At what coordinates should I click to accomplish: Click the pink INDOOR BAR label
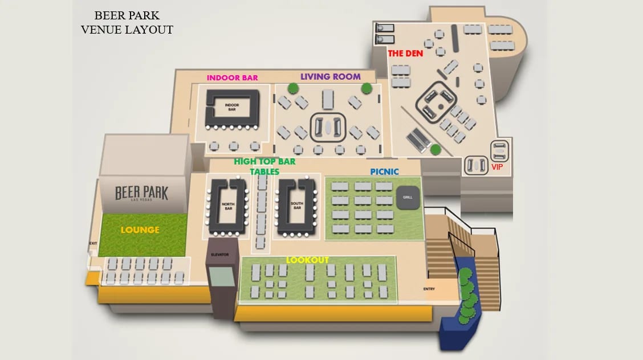tap(232, 78)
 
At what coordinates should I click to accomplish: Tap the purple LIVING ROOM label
tap(331, 76)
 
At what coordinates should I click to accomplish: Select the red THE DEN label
tap(405, 54)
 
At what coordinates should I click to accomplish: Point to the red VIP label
tap(497, 167)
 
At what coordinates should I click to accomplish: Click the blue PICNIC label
tap(384, 171)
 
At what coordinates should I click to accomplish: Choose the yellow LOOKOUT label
tap(307, 260)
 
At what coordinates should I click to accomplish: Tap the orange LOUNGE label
tap(140, 230)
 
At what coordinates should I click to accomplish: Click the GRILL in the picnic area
tap(408, 197)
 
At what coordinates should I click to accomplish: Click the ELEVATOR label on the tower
tap(219, 255)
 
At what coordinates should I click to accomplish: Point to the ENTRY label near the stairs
tap(429, 289)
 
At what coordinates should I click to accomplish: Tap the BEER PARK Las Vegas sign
tap(141, 193)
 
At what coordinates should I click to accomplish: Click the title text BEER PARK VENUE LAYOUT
tap(127, 23)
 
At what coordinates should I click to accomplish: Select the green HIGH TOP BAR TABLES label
tap(264, 166)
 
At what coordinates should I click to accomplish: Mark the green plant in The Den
tap(436, 150)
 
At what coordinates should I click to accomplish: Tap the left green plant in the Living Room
tap(293, 88)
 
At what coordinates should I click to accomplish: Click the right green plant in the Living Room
tap(367, 88)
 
